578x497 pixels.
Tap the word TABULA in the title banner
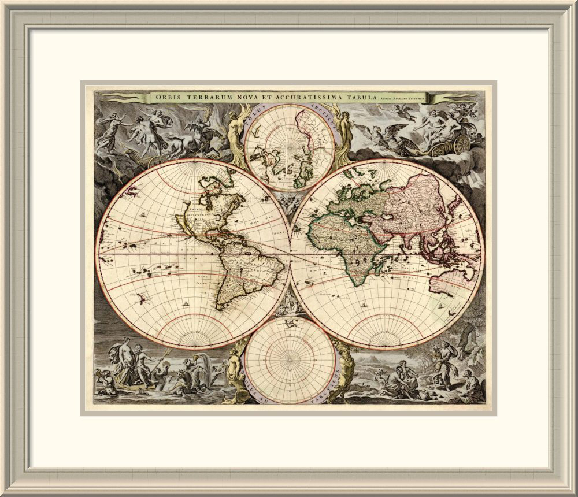coord(358,97)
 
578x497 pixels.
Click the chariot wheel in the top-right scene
coord(461,145)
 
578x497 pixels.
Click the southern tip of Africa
coord(360,284)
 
